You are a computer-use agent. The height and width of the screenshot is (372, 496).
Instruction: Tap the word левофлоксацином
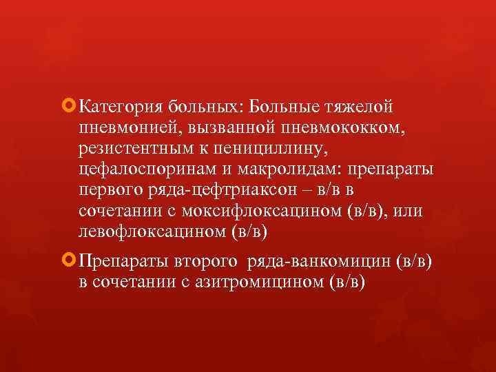tap(151, 231)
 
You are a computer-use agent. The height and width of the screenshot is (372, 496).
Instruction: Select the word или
tap(406, 211)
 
